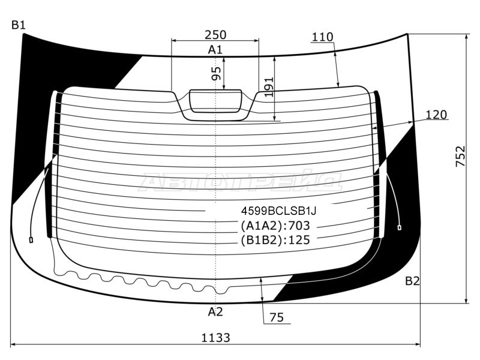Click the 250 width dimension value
click(x=215, y=35)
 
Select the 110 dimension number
click(x=322, y=37)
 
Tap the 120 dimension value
click(x=436, y=115)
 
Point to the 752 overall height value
click(x=460, y=156)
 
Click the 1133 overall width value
click(x=215, y=338)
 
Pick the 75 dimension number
click(x=277, y=317)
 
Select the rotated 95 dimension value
click(x=216, y=73)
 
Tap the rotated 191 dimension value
click(x=269, y=87)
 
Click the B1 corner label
click(x=19, y=25)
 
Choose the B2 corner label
click(x=412, y=281)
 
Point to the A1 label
click(x=215, y=50)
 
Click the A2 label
click(x=215, y=311)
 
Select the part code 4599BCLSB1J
click(x=278, y=211)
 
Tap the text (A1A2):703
click(x=275, y=226)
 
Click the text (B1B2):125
click(x=275, y=240)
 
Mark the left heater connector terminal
click(x=31, y=240)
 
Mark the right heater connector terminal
click(x=399, y=227)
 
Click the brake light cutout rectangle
click(x=215, y=101)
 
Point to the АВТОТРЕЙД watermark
click(x=241, y=182)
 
